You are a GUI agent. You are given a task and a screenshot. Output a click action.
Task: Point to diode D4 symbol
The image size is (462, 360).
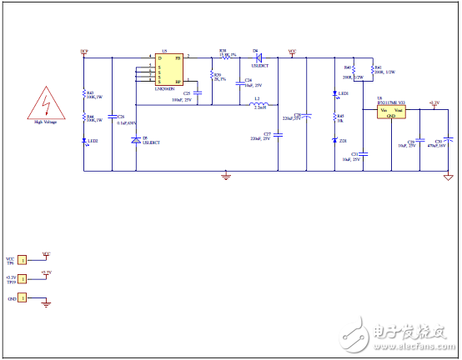[x=257, y=57]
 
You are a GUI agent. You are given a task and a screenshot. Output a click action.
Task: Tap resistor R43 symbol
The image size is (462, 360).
[x=84, y=94]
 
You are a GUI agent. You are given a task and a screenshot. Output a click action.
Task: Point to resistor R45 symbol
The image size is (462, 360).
[x=335, y=117]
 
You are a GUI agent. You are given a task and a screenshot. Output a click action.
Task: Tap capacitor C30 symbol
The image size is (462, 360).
[x=449, y=140]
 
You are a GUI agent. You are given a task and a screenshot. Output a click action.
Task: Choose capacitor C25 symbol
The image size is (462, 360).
[x=198, y=94]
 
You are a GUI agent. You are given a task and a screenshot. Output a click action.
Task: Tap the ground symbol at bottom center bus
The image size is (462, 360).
[x=225, y=175]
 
